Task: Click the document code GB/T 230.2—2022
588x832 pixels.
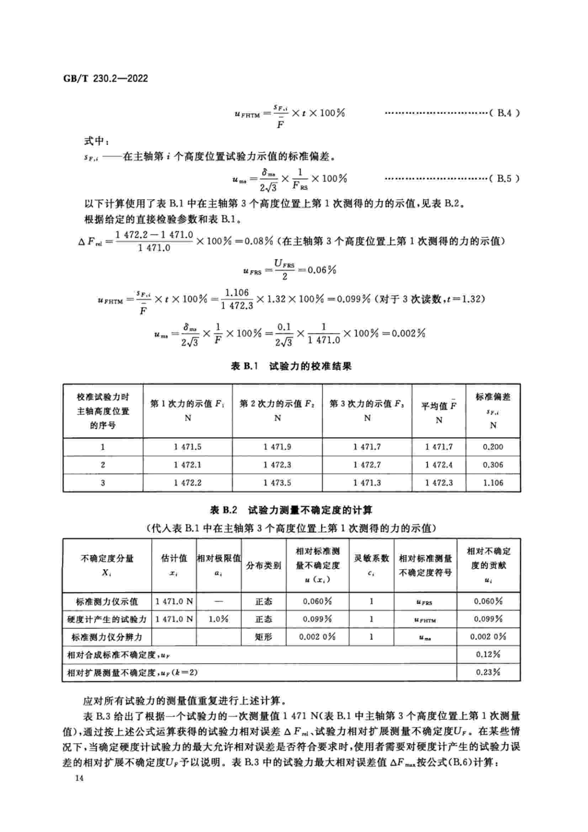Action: (x=105, y=78)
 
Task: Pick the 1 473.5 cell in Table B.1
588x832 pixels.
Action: (x=277, y=483)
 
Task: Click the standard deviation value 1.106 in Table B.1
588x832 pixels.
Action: (x=493, y=483)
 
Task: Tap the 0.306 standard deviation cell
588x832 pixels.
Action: (x=493, y=465)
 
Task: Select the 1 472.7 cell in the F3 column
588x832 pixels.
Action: (x=367, y=465)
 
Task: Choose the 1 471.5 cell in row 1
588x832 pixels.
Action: (x=187, y=447)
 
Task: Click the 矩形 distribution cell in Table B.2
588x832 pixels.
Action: (x=263, y=637)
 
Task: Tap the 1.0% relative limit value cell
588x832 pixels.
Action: (x=218, y=619)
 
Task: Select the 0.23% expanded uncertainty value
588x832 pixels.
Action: (x=488, y=672)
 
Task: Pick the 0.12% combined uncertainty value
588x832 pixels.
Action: (x=488, y=655)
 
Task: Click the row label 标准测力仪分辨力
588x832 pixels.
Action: (x=106, y=637)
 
